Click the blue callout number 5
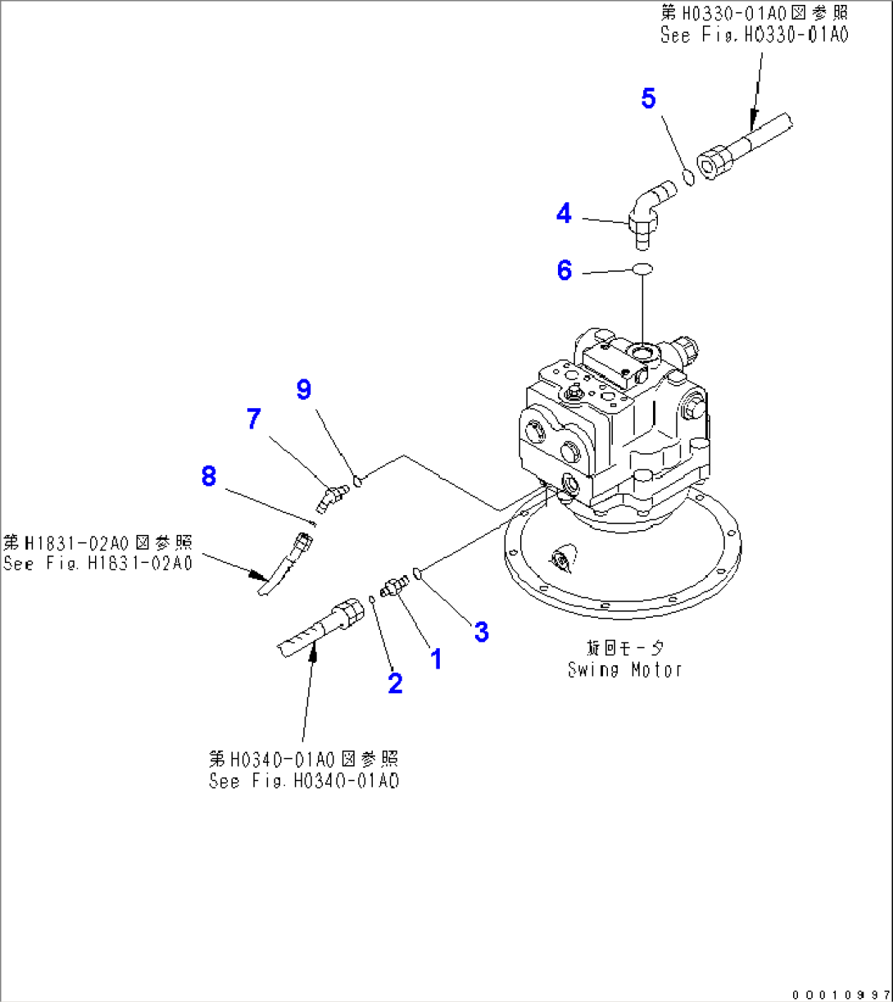click(648, 99)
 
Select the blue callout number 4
click(564, 214)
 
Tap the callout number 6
click(564, 270)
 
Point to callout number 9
click(304, 389)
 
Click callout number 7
click(254, 419)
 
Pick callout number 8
click(209, 475)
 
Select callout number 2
click(396, 682)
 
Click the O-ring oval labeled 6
click(643, 269)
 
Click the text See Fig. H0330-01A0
click(754, 35)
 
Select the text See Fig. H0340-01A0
click(303, 781)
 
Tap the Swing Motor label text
click(625, 669)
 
